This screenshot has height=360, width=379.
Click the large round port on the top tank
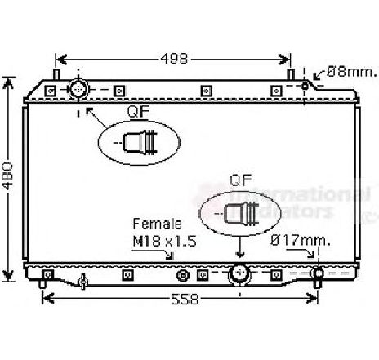pos(79,88)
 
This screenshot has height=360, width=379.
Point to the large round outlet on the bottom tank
pos(240,273)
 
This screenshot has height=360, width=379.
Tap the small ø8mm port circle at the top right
pos(306,86)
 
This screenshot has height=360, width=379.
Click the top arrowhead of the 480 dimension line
pos(10,80)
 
